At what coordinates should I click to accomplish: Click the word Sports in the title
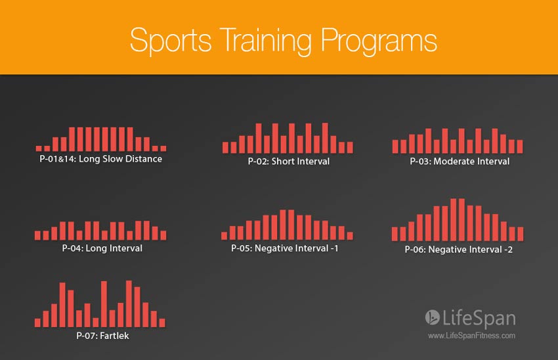(171, 41)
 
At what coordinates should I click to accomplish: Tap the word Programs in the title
(379, 41)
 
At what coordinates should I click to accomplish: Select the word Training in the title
(266, 41)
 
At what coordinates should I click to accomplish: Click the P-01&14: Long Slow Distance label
(100, 159)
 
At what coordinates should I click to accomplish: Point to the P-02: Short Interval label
(289, 162)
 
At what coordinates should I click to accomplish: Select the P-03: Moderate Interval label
(460, 162)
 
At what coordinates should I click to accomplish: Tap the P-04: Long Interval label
(102, 248)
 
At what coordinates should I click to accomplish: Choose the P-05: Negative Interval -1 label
(284, 248)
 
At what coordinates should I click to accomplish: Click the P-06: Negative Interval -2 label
(458, 249)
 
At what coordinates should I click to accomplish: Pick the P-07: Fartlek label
(102, 336)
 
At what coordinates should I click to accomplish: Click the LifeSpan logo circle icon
(433, 317)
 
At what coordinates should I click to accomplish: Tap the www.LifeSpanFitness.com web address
(471, 336)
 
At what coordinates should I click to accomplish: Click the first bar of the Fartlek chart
(37, 323)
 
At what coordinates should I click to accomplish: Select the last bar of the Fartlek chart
(162, 323)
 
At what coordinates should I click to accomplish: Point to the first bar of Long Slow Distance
(39, 148)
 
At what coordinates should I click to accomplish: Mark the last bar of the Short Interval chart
(350, 147)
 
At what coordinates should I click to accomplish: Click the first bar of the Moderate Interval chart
(395, 146)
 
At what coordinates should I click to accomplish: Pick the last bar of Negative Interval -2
(521, 234)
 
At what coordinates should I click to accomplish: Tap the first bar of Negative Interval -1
(225, 236)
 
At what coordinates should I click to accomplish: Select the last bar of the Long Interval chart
(163, 235)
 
